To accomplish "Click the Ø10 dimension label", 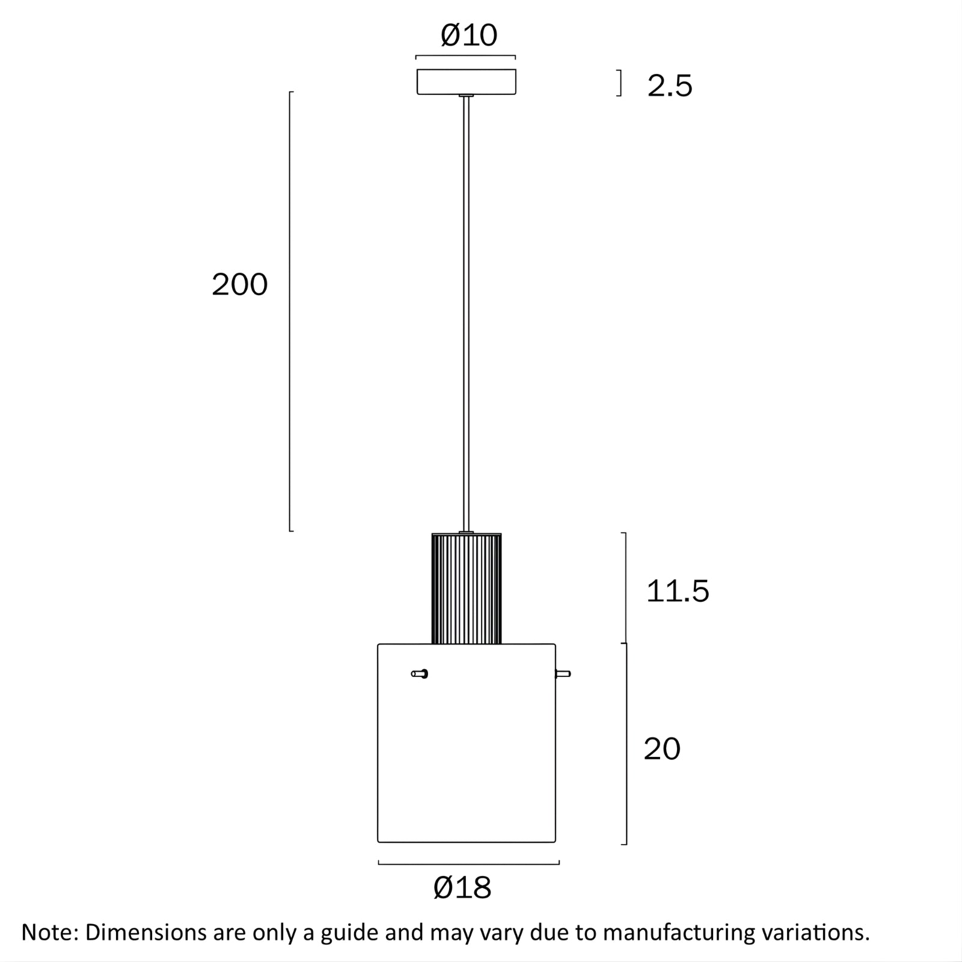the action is (469, 35).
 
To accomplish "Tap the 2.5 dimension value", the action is (670, 86).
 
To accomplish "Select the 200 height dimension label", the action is (239, 284).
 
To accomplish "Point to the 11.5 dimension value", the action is (678, 591).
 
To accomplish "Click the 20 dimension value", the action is (662, 749).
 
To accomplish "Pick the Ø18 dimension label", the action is (462, 887).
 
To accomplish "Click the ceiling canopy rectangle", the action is (467, 82).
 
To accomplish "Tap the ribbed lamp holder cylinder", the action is (467, 589).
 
